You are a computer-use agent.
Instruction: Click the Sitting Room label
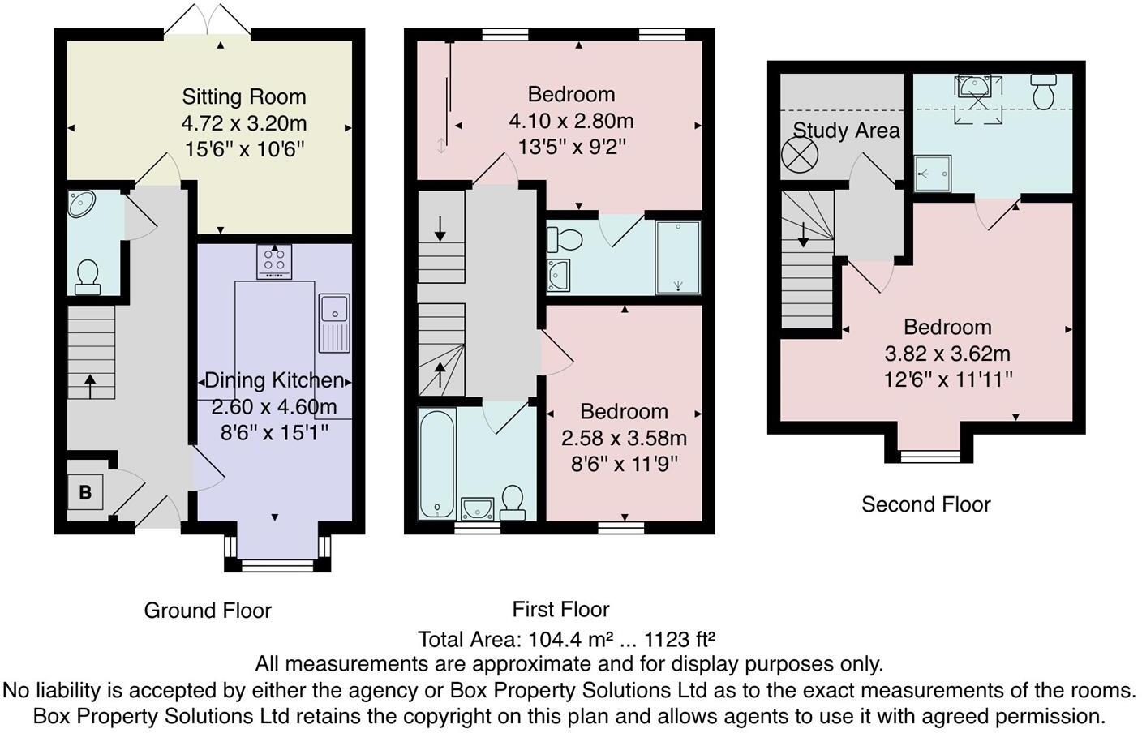[244, 97]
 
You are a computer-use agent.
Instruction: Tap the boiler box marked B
[85, 491]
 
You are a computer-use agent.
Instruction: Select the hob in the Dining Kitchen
[275, 261]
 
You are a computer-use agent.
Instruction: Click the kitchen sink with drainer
[334, 322]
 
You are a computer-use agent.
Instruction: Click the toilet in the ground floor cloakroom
[87, 276]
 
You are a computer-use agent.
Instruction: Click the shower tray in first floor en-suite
[678, 257]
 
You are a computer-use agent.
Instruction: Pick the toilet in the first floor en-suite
[565, 239]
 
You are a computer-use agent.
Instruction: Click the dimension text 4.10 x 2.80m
[571, 122]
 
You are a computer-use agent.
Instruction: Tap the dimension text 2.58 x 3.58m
[624, 439]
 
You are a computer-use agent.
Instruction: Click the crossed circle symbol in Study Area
[799, 156]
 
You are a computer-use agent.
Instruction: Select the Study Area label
[846, 131]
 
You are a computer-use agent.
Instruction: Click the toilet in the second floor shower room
[1043, 92]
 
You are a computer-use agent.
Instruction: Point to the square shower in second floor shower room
[932, 173]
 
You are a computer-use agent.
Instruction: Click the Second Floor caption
[925, 504]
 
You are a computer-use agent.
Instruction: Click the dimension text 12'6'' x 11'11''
[947, 379]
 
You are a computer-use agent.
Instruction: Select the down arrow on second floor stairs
[803, 234]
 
